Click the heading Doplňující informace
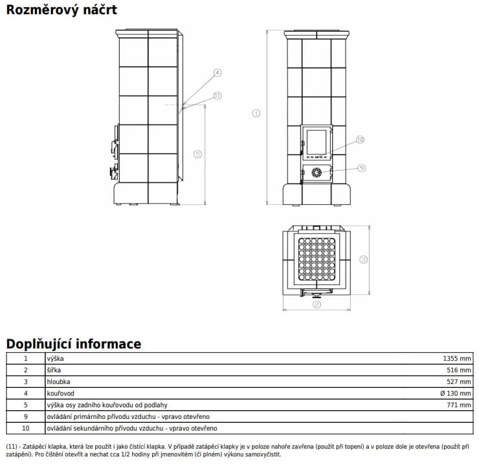click(x=73, y=343)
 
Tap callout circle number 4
click(x=217, y=72)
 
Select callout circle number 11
click(x=217, y=95)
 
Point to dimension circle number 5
click(x=198, y=154)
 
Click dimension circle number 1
click(x=256, y=113)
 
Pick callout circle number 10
click(x=361, y=140)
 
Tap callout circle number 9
click(x=362, y=167)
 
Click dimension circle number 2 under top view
click(x=317, y=304)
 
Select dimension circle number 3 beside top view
click(x=364, y=259)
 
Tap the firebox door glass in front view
click(x=317, y=142)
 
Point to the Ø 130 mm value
click(x=456, y=393)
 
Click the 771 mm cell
click(x=460, y=405)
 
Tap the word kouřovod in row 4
click(x=60, y=393)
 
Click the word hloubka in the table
click(x=58, y=381)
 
